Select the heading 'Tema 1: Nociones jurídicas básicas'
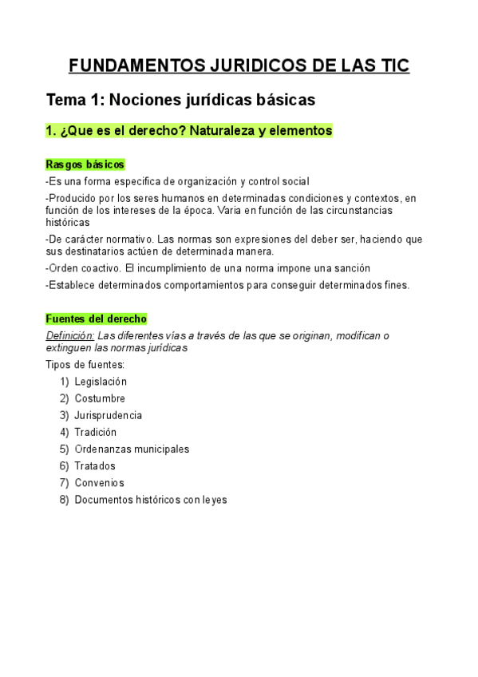coord(181,100)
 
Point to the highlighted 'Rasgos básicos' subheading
coord(85,164)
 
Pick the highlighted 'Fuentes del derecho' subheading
coord(97,319)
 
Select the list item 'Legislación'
coord(101,382)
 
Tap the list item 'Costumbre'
coord(100,398)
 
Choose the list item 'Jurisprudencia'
coord(109,415)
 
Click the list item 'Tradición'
coord(96,432)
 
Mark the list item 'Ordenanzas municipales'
coord(132,449)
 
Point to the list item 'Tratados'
coord(95,465)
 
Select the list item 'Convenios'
coord(99,483)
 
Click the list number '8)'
coord(64,500)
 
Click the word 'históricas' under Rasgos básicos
coord(68,222)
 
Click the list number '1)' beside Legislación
coord(64,382)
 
